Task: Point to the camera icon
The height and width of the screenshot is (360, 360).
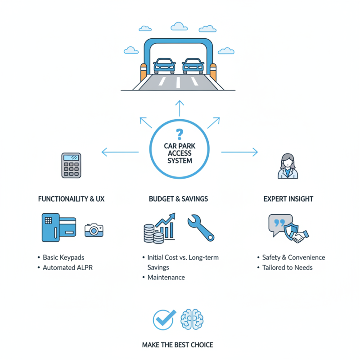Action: pos(94,229)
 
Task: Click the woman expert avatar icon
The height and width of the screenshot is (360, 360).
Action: pos(287,166)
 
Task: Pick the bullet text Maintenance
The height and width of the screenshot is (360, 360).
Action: pos(166,277)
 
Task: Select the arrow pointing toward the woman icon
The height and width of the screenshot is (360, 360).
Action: pos(240,152)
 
